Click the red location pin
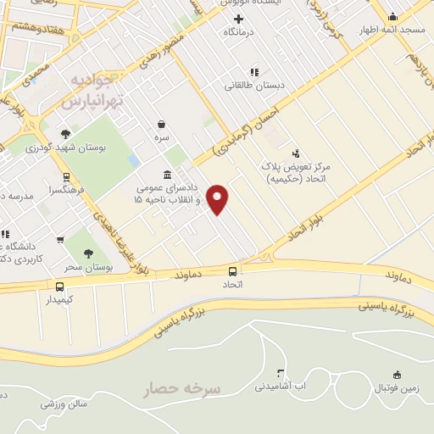219,199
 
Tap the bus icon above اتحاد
232,271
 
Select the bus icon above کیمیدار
59,286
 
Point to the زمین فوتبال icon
397,375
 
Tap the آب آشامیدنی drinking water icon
281,373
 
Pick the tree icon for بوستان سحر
89,253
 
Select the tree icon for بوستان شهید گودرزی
66,132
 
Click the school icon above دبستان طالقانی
253,72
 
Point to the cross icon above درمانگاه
238,19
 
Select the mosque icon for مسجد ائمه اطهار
392,16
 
